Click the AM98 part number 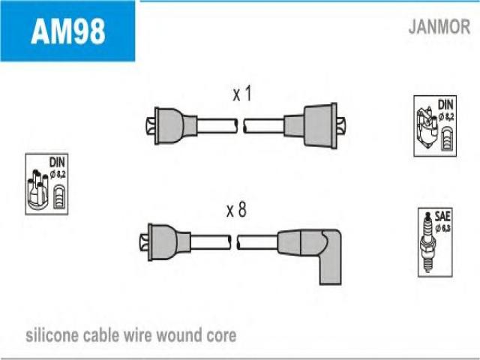point(67,31)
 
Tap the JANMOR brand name point(439,28)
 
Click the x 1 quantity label point(241,94)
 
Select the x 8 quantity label point(236,211)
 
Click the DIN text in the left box point(58,161)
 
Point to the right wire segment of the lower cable point(259,241)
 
